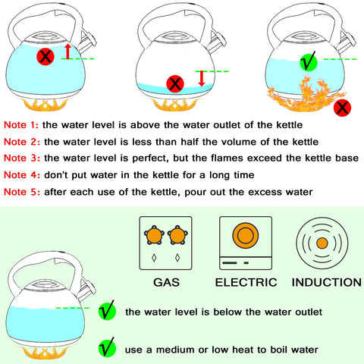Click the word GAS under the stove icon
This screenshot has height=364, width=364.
[167, 282]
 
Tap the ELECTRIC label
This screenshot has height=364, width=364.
[245, 282]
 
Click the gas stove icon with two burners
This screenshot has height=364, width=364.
[167, 243]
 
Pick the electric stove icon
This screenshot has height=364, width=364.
[245, 243]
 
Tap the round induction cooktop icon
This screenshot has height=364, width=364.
[322, 243]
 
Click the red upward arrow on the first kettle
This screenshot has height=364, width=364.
[67, 52]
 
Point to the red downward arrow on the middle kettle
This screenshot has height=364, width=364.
[201, 78]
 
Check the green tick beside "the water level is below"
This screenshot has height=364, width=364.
[108, 310]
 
